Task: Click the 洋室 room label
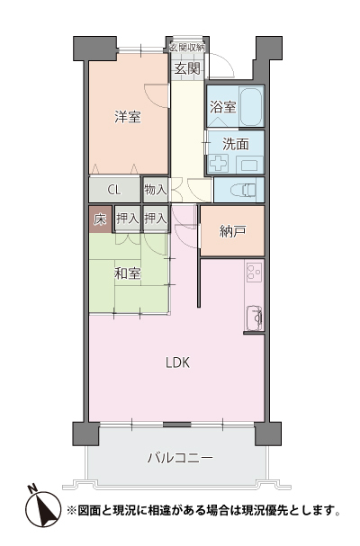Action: (127, 116)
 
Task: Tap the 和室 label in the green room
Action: (127, 273)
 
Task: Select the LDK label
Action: (177, 363)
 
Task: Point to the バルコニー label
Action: (180, 458)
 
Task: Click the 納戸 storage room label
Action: (232, 231)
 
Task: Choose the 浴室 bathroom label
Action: (222, 107)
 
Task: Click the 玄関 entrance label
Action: (186, 68)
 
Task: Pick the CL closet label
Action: (114, 190)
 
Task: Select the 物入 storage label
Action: (155, 190)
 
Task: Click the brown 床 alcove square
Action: (99, 218)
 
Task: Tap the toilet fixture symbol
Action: (243, 190)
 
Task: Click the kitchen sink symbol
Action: (254, 317)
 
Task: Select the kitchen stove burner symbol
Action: (253, 271)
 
